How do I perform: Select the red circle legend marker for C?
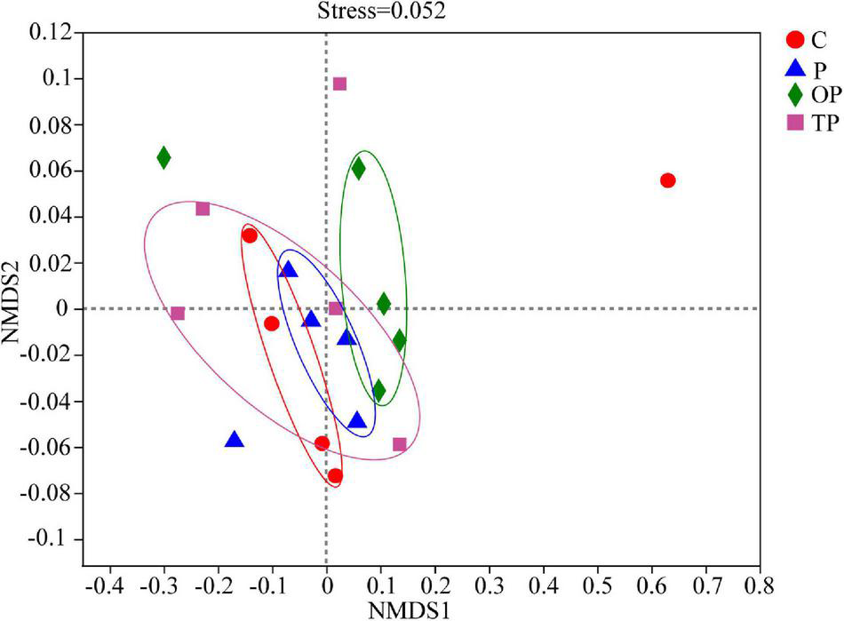tap(796, 40)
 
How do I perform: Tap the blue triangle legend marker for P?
tap(797, 68)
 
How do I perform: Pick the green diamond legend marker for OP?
tap(797, 95)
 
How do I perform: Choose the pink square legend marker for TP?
tap(797, 123)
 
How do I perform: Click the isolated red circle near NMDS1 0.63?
tap(668, 180)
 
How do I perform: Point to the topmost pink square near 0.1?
tap(339, 84)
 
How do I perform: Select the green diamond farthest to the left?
tap(163, 157)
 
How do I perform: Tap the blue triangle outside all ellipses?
tap(235, 440)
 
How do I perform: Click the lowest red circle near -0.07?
tap(335, 476)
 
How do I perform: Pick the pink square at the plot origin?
tap(336, 308)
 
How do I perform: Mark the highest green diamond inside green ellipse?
tap(358, 169)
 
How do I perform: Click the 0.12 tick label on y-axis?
tap(52, 33)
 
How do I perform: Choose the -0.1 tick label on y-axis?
tap(55, 540)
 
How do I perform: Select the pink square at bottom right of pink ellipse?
tap(400, 444)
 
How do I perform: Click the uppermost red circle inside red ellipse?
tap(250, 235)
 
